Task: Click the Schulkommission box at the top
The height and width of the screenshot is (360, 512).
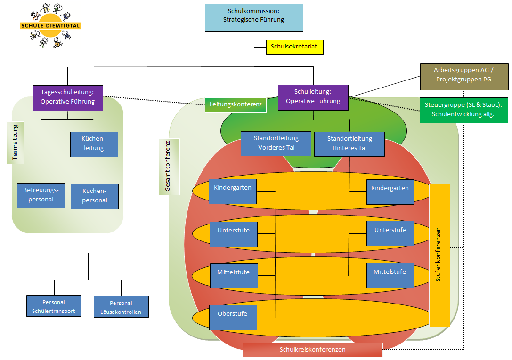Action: click(254, 17)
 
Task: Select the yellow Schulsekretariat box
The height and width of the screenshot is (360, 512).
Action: click(294, 47)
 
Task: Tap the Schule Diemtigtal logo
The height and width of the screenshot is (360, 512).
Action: click(49, 26)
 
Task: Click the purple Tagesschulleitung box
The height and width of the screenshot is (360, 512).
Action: click(68, 97)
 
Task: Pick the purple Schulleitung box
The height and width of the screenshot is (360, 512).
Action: click(313, 97)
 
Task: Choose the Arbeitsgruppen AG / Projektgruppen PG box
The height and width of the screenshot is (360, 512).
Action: click(464, 76)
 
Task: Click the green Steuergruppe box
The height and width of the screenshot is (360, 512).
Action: click(463, 110)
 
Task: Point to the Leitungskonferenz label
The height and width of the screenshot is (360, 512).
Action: click(236, 105)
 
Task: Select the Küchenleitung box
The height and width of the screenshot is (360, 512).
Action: click(94, 144)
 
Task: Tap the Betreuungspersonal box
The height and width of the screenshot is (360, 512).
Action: click(40, 195)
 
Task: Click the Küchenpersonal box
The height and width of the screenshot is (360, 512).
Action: click(94, 196)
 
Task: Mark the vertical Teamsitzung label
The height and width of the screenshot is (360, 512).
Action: click(15, 143)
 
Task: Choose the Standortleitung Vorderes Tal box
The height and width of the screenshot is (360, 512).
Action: click(276, 144)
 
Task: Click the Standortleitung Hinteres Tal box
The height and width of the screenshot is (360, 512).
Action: click(349, 144)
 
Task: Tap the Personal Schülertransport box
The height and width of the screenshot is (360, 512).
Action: click(54, 307)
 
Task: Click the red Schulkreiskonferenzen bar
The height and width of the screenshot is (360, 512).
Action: click(312, 350)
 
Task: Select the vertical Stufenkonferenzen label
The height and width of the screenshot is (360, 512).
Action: click(439, 255)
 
